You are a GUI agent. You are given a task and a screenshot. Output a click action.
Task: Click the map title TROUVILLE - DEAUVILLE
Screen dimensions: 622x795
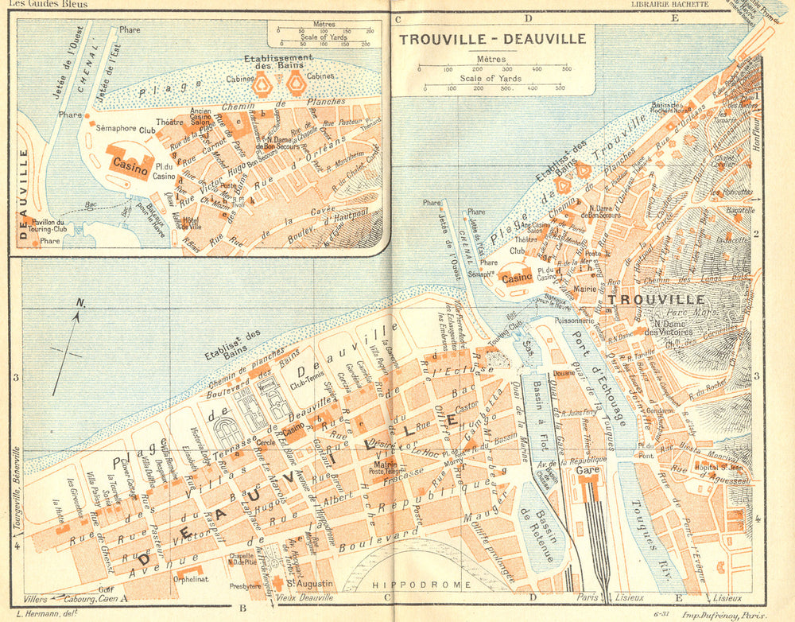coord(493,38)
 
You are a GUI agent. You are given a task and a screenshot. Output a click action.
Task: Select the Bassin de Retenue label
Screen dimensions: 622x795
coord(539,531)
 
